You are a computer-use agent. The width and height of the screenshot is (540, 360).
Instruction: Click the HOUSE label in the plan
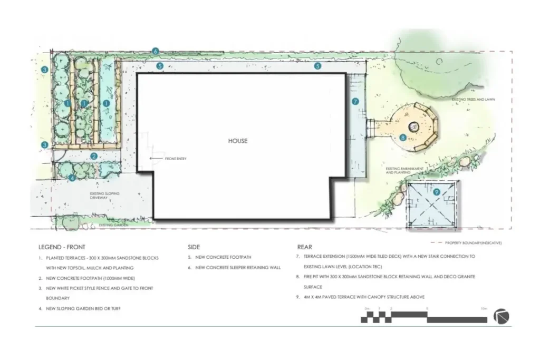[x=237, y=141]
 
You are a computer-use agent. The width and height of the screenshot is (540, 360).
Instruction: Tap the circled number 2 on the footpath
[x=93, y=155]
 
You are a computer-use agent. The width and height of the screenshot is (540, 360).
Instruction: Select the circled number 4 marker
[x=72, y=178]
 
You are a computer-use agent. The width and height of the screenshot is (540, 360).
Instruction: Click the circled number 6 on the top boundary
[x=155, y=51]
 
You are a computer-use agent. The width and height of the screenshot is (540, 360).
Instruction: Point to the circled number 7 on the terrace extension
[x=355, y=101]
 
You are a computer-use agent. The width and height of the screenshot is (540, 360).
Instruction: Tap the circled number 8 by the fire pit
[x=403, y=138]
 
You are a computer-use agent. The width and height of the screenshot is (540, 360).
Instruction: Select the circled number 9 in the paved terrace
[x=436, y=192]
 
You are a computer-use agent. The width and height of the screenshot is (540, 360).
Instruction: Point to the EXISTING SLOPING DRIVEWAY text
[x=104, y=196]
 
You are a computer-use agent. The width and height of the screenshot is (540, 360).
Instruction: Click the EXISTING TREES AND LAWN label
[x=473, y=99]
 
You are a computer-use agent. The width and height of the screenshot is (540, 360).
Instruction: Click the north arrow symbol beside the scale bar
[x=501, y=316]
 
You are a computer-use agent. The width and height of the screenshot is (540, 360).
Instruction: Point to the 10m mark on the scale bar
[x=484, y=308]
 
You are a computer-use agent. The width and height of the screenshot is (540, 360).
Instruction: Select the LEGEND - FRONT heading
[x=62, y=247]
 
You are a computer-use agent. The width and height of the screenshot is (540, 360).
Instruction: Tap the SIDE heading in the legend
[x=194, y=247]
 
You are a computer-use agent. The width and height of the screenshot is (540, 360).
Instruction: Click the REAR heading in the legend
[x=304, y=247]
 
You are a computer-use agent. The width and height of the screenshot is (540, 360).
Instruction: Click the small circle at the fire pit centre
[x=414, y=127]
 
